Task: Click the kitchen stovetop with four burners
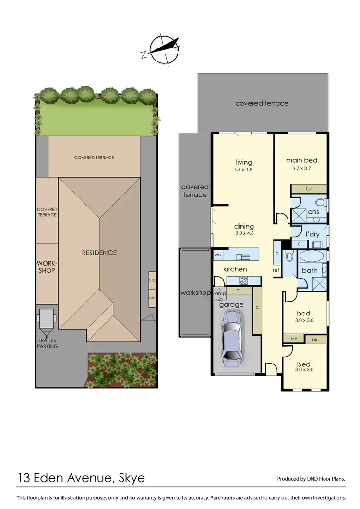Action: [243, 281]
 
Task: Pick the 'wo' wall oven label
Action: [217, 254]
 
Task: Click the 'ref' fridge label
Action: [276, 270]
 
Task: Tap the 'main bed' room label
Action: [301, 160]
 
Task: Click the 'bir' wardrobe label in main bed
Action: [309, 189]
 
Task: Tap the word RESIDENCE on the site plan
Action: [98, 253]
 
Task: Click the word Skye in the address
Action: [129, 478]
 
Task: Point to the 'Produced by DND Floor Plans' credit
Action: [311, 479]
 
